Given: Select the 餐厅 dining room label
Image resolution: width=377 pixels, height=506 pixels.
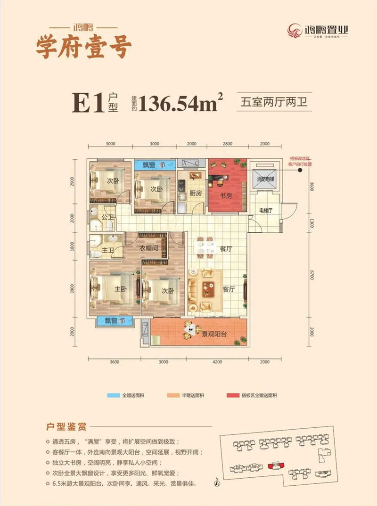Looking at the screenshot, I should [227, 249].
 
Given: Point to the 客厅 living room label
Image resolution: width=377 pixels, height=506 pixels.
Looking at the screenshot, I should [229, 289].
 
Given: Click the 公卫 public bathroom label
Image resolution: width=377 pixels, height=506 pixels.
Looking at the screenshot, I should [108, 218].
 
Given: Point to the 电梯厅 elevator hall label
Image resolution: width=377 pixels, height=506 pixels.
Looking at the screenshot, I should [266, 211].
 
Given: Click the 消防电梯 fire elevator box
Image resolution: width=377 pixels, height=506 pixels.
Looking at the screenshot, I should [265, 180].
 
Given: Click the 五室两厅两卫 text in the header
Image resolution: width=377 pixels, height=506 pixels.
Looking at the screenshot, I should [273, 102].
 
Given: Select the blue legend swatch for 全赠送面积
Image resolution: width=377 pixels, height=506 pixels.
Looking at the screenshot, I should [114, 395].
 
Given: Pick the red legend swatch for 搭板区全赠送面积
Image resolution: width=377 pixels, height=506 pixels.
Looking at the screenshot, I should [233, 395].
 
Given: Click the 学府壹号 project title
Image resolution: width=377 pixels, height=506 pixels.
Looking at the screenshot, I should [83, 47].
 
